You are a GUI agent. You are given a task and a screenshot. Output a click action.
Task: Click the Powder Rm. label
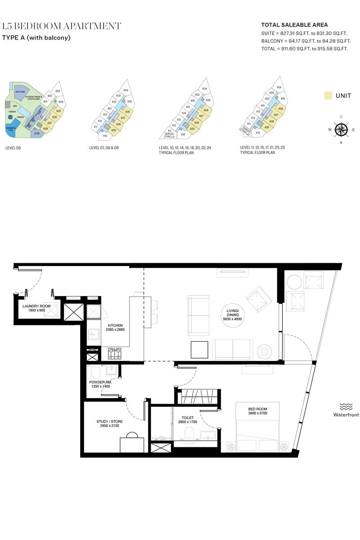click(100, 382)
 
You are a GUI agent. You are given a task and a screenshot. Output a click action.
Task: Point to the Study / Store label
click(109, 422)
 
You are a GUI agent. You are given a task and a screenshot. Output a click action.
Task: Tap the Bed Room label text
click(257, 409)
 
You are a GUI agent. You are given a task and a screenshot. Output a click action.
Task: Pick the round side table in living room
click(264, 351)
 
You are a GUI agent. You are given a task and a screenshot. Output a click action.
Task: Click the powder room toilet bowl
click(95, 372)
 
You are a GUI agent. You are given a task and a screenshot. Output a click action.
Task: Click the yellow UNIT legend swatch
click(328, 95)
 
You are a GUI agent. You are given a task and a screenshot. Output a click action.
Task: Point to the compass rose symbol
click(341, 130)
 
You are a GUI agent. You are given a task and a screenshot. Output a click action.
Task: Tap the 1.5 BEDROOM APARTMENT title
click(62, 26)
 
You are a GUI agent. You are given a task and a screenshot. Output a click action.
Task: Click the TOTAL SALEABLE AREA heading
click(294, 25)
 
